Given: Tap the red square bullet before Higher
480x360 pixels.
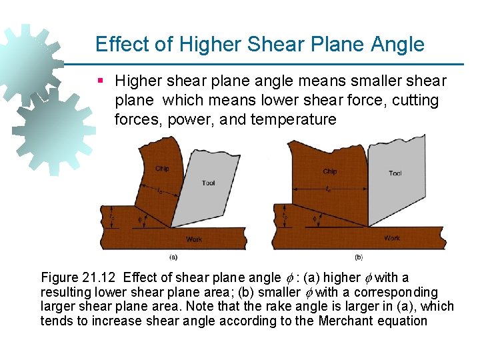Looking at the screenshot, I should coord(101,81).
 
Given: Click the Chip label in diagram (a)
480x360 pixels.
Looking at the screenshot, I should coord(162,169).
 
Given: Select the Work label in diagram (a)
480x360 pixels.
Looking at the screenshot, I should coord(194,239).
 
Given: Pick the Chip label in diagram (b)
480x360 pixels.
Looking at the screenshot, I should coord(330,171).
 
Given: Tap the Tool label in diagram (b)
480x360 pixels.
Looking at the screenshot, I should coord(395,173).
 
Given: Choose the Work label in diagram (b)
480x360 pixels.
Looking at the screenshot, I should coord(393,238).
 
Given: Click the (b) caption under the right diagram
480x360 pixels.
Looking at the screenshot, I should coord(358,257).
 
